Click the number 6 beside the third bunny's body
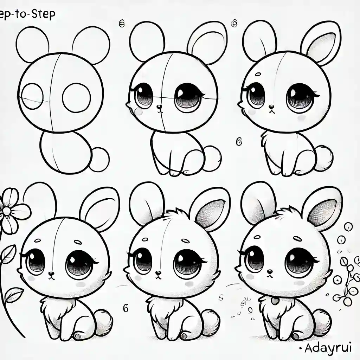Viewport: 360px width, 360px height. [239, 142]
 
